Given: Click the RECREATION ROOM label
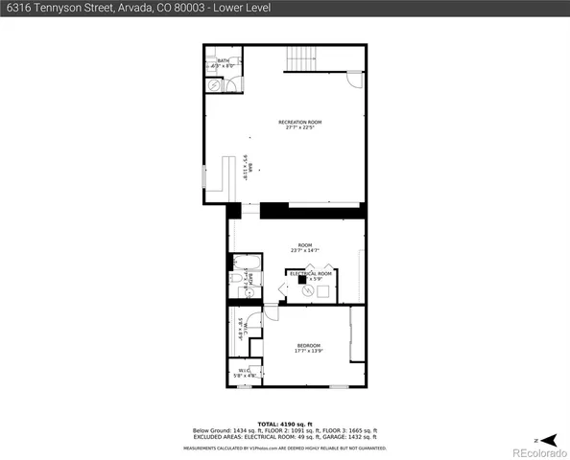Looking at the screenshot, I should coord(299,125).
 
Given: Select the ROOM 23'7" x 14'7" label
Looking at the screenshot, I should coord(305,248).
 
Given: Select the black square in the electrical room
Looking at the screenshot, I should coord(302,280).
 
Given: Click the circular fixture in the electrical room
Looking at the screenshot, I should coord(309,291).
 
